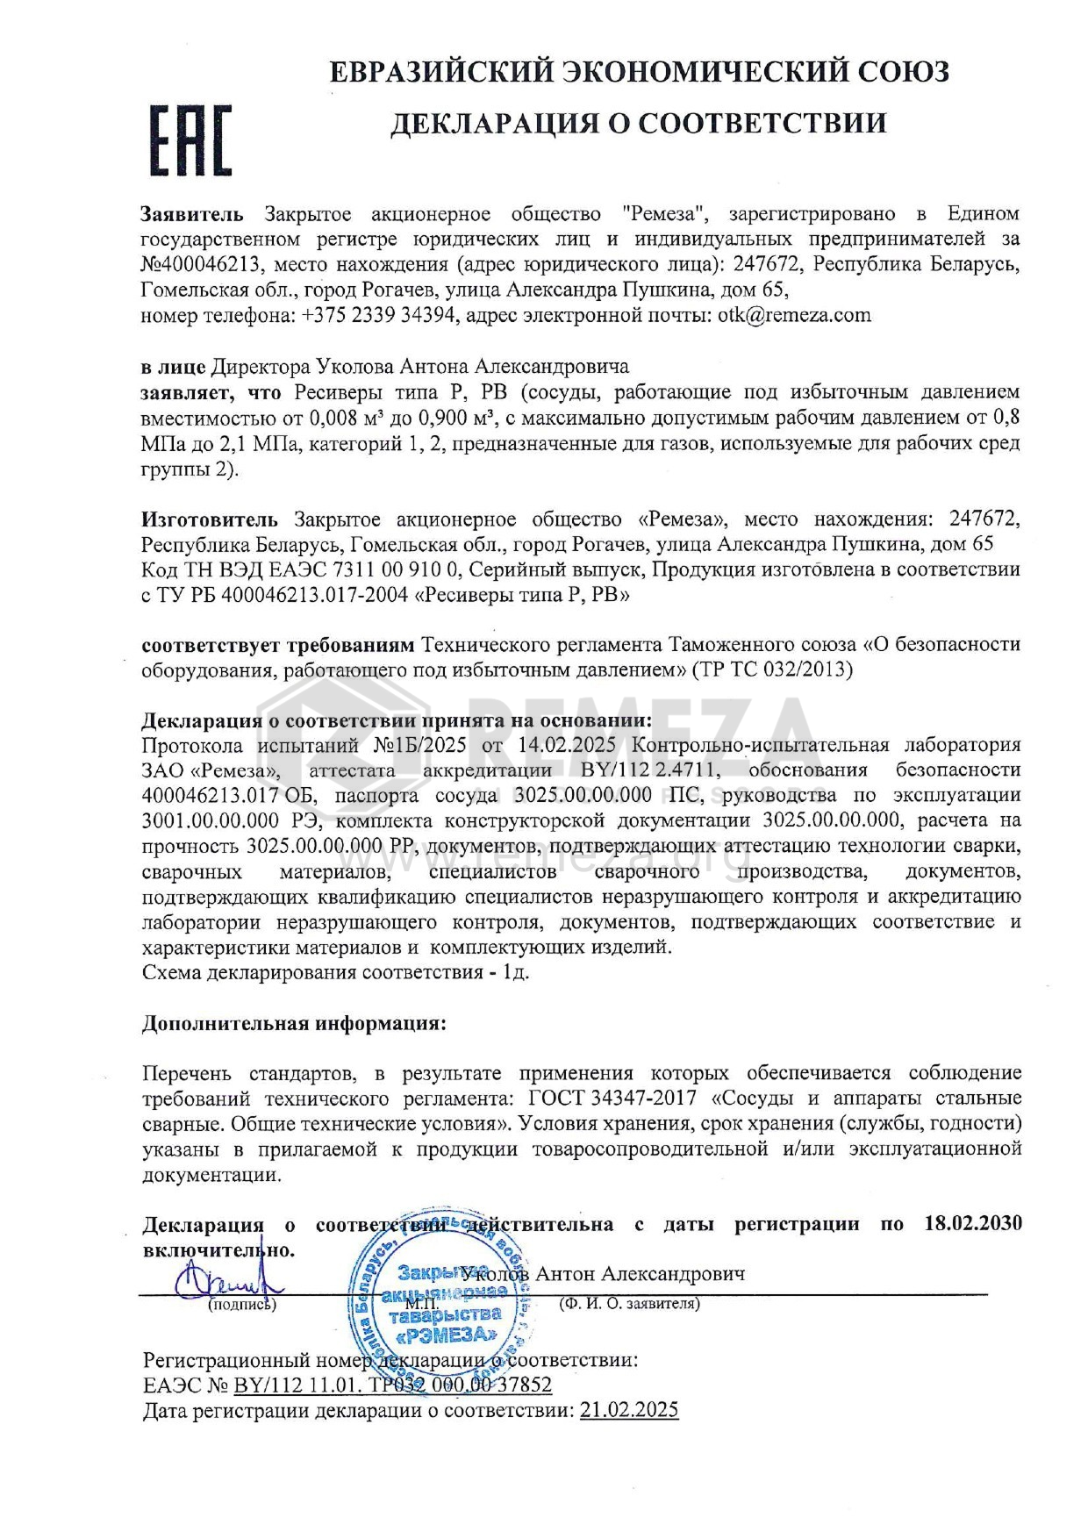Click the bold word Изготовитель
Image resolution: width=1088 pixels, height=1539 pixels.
point(210,519)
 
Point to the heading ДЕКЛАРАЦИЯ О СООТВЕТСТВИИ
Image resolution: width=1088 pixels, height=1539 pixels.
point(638,123)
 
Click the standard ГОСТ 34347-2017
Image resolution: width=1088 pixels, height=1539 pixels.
point(613,1098)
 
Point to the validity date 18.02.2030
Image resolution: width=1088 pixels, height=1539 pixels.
point(973,1224)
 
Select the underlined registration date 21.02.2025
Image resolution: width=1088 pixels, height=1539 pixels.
point(628,1410)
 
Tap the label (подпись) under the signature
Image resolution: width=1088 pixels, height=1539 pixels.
point(241,1305)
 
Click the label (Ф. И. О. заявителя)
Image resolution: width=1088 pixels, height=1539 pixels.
point(630,1304)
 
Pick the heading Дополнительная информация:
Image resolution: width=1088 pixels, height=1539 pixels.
point(294,1024)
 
